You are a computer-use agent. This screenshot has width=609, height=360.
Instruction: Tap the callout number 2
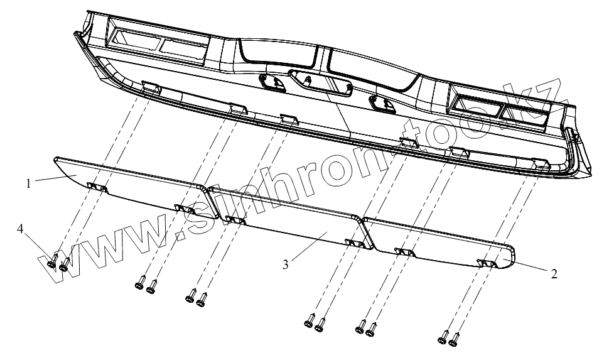tap(553, 274)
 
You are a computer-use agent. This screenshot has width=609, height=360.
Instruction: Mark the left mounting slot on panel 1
tap(97, 187)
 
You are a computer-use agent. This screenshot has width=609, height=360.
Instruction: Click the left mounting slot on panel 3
tap(235, 220)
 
